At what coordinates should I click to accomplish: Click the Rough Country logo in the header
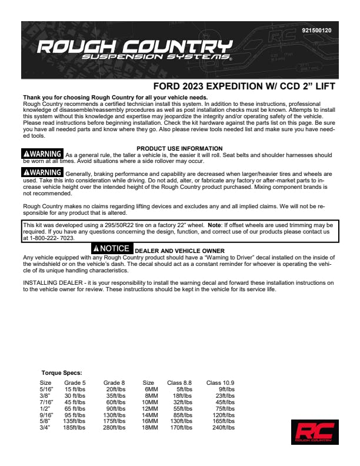134,51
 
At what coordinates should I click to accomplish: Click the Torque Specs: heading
62,373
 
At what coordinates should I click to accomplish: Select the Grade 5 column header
75,382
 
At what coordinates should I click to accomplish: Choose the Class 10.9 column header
221,382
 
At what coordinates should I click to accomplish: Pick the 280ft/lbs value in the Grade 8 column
115,427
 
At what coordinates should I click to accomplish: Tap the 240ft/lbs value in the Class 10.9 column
224,427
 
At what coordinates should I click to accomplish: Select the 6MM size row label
151,389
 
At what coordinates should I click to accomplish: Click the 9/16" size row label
46,414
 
